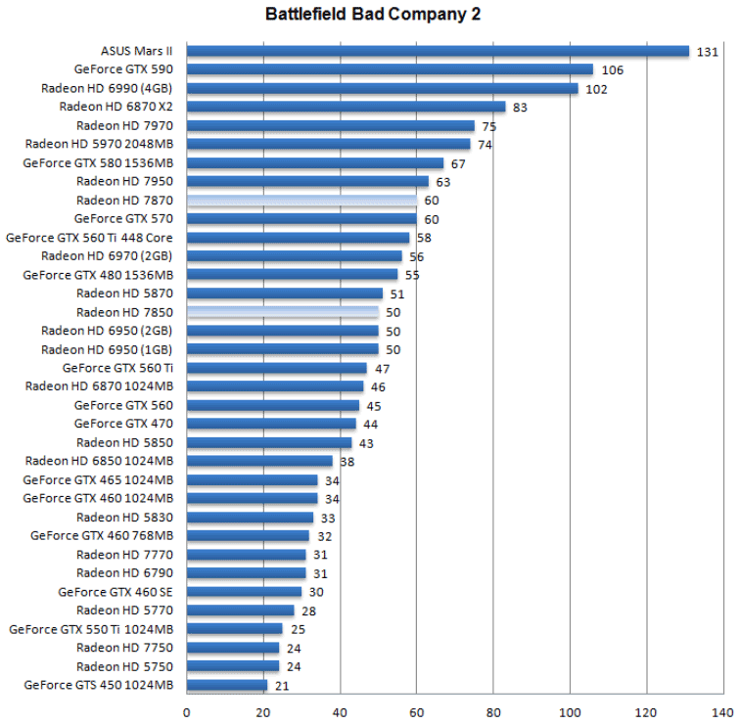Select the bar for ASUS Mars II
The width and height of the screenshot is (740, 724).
[x=438, y=51]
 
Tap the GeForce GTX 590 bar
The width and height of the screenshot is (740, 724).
[x=390, y=69]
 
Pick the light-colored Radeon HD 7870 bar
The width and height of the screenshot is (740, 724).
[x=301, y=200]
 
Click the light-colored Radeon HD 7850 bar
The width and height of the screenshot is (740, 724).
[x=282, y=312]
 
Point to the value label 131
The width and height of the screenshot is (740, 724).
[x=708, y=51]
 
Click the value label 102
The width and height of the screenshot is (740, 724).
[x=597, y=88]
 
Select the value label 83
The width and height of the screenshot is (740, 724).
[x=520, y=107]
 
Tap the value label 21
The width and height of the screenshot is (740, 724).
[x=282, y=685]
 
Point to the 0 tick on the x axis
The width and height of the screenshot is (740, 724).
[x=186, y=712]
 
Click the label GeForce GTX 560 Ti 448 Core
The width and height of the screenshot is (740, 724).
[x=90, y=238]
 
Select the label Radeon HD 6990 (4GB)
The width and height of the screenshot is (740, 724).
[x=108, y=88]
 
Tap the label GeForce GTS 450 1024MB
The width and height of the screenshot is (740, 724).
[x=98, y=685]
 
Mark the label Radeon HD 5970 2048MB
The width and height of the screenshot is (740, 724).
[x=100, y=144]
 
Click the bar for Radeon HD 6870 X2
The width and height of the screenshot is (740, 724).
[x=346, y=107]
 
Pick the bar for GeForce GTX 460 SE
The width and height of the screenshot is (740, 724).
[x=244, y=592]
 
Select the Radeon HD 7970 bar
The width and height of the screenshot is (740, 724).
[x=330, y=125]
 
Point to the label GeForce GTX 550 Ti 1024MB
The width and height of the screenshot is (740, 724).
[x=91, y=629]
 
